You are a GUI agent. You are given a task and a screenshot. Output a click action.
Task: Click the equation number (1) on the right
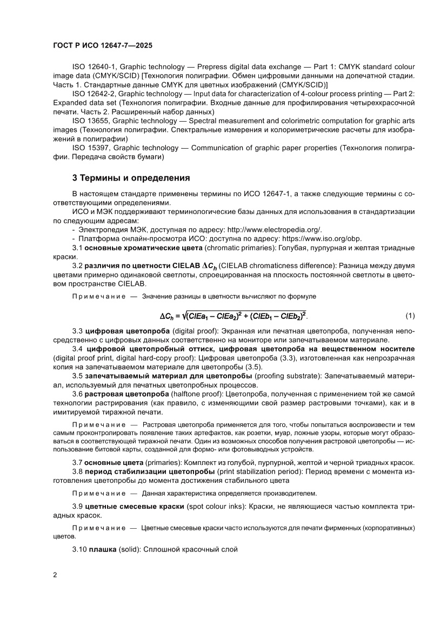(x=410, y=315)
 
